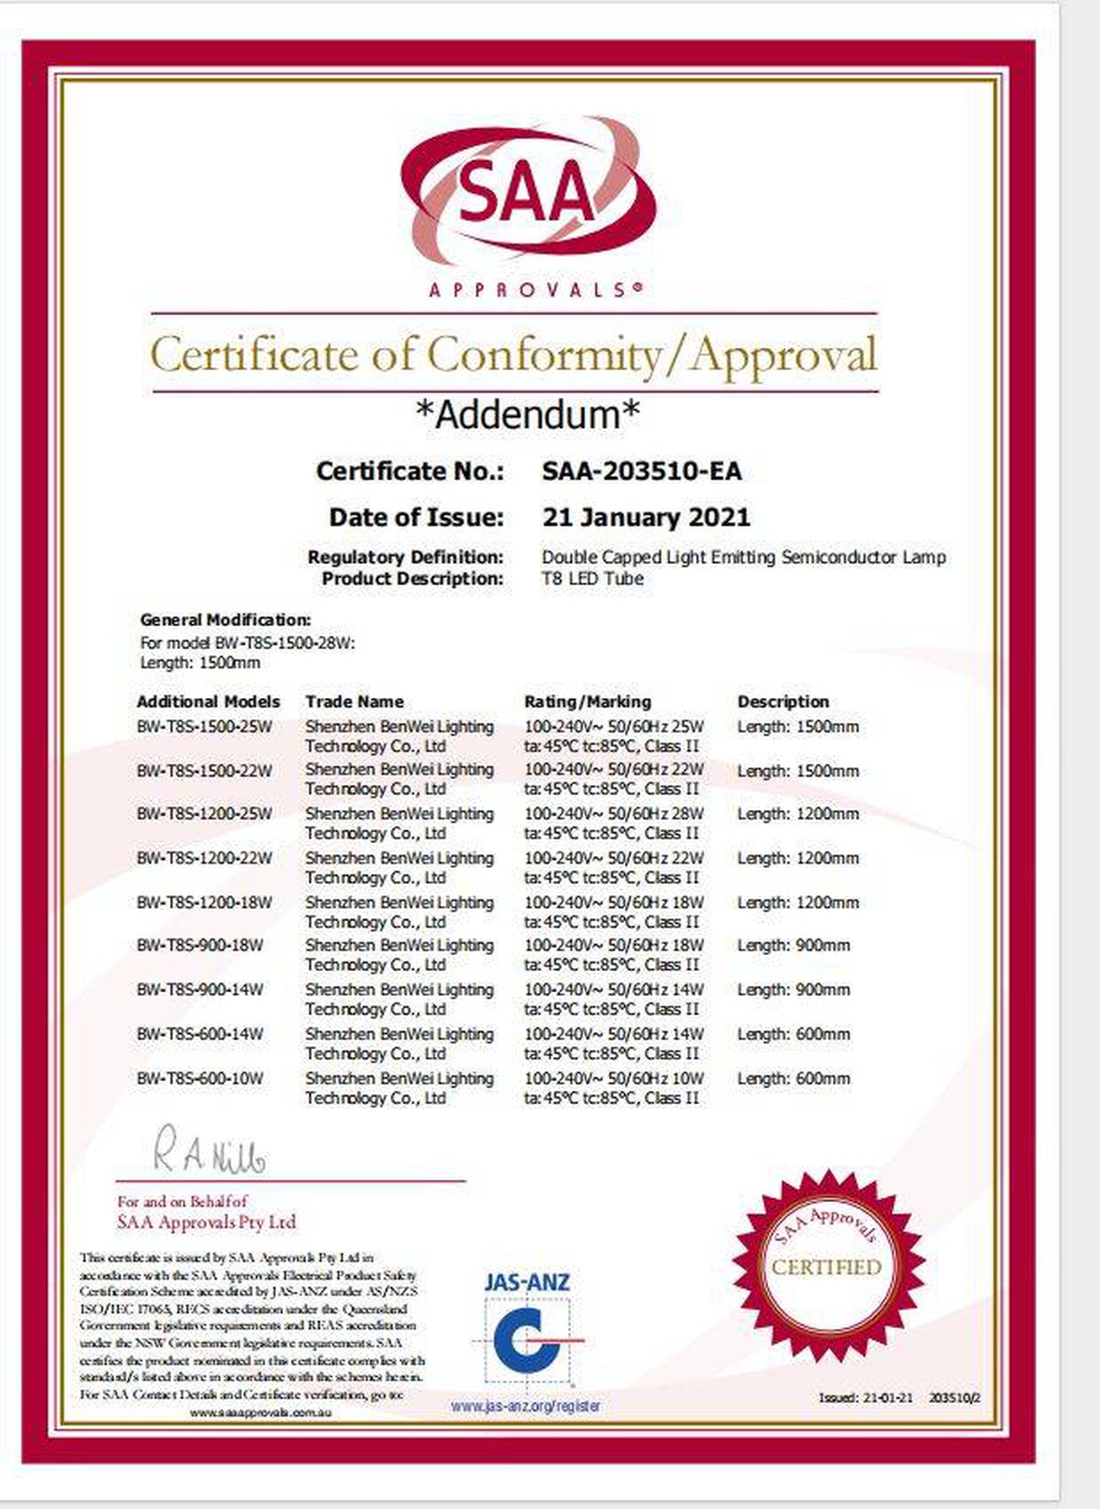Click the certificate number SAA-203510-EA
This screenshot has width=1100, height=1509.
[x=642, y=472]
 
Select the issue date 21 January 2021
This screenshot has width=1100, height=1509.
[x=646, y=517]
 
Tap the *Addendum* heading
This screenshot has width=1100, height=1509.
[x=528, y=414]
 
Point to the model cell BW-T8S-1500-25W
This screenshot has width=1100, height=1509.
[x=204, y=727]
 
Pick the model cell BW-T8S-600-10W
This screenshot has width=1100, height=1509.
[x=200, y=1078]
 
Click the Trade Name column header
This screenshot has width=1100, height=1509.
[x=354, y=702]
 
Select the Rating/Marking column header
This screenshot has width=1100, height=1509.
[x=587, y=702]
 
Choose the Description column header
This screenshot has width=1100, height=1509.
[x=783, y=702]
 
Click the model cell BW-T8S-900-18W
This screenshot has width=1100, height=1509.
[x=200, y=945]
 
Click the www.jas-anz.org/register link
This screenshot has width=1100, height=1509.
[x=526, y=1405]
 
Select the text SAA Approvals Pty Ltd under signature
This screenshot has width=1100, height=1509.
[x=206, y=1222]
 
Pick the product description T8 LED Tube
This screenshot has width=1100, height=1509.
[x=593, y=579]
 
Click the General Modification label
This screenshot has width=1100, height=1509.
[x=226, y=620]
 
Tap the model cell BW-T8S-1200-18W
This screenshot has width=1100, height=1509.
[x=204, y=902]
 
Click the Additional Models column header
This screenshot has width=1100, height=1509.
[x=208, y=702]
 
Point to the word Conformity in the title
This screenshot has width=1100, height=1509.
[x=543, y=355]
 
